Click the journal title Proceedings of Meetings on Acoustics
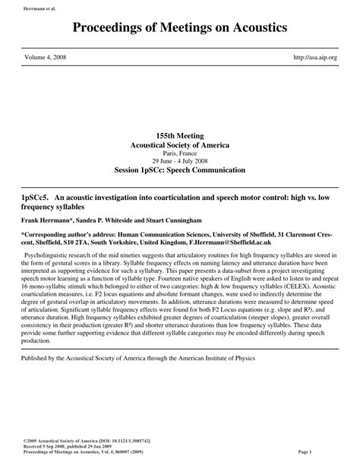tap(180, 28)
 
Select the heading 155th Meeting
tap(179, 134)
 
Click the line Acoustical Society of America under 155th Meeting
tap(179, 144)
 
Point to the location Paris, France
tap(179, 153)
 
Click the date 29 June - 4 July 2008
tap(179, 160)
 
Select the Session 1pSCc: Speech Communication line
tap(179, 170)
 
